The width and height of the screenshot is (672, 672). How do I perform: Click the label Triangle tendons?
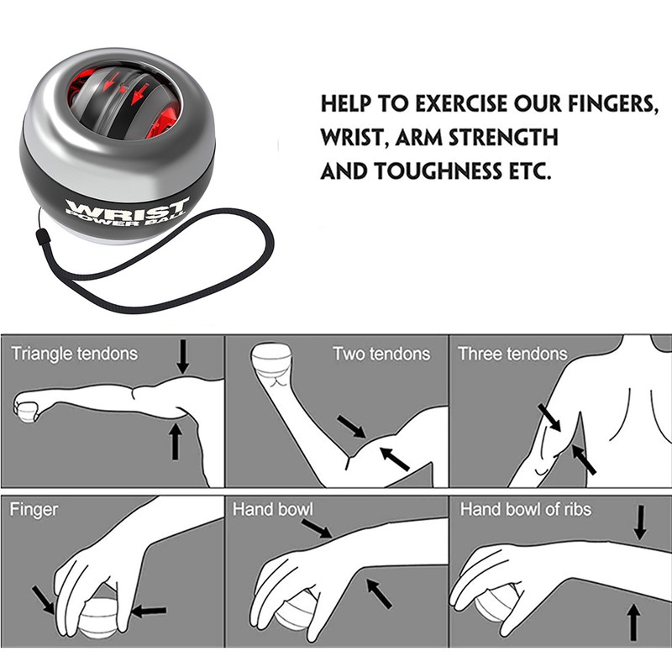click(74, 354)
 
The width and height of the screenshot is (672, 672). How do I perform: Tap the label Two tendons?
click(381, 354)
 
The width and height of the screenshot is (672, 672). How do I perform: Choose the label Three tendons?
click(512, 354)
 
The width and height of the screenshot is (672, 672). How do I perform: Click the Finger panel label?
click(34, 509)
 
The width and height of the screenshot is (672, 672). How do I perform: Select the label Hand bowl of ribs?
click(526, 509)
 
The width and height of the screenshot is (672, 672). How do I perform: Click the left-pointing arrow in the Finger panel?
click(149, 610)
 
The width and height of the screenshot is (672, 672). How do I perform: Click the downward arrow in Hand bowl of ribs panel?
click(640, 522)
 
